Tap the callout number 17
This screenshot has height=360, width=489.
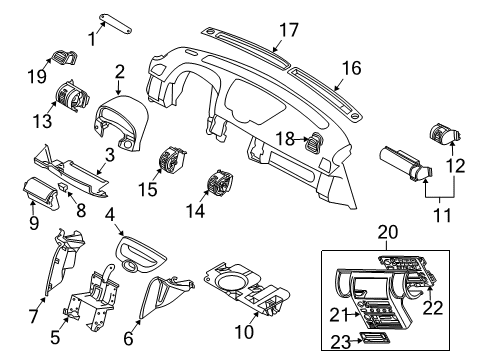pos(288,31)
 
